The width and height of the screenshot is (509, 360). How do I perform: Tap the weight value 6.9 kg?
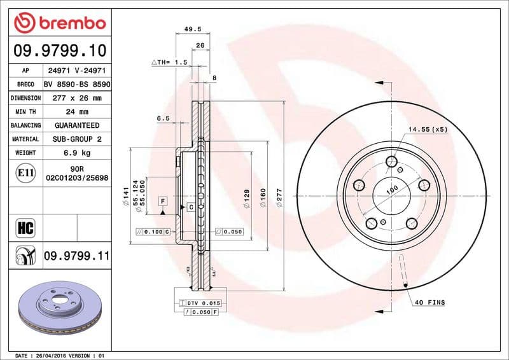pos(76,153)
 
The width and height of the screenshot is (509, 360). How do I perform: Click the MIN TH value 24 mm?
pos(76,112)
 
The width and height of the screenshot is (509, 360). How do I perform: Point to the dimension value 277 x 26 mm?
pos(76,98)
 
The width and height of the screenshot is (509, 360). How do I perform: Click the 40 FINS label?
pos(429,302)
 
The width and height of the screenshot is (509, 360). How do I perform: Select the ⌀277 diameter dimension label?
pos(279,197)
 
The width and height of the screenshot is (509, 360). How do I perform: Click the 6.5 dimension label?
pos(163,118)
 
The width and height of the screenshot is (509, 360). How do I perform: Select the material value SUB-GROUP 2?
pos(76,139)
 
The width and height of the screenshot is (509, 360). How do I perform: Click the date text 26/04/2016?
pos(49,355)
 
